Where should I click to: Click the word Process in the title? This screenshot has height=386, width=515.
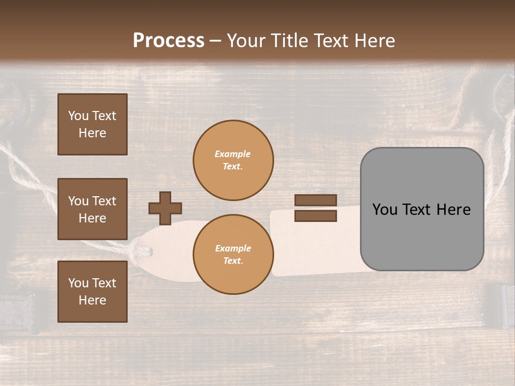tap(168, 41)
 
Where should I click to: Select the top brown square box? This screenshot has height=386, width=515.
tap(92, 124)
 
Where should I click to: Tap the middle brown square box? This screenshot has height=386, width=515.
tap(92, 209)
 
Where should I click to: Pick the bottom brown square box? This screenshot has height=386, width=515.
tap(92, 292)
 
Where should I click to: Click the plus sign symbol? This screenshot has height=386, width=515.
tap(165, 208)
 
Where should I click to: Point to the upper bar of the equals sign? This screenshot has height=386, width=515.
tap(316, 200)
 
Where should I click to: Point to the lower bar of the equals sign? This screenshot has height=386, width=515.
tap(316, 216)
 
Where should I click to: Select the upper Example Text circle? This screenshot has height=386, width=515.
tap(233, 160)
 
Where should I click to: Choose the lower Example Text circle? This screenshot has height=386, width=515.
tap(233, 255)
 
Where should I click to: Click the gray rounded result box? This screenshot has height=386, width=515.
tap(422, 209)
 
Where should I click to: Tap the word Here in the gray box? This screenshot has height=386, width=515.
tap(453, 210)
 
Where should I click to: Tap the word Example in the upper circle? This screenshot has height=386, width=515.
tap(233, 154)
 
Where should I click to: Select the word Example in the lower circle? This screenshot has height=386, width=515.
tap(233, 248)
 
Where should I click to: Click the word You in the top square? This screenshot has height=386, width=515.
tap(78, 116)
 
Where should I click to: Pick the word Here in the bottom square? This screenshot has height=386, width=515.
tap(92, 300)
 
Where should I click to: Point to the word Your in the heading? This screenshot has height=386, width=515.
tap(247, 41)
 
